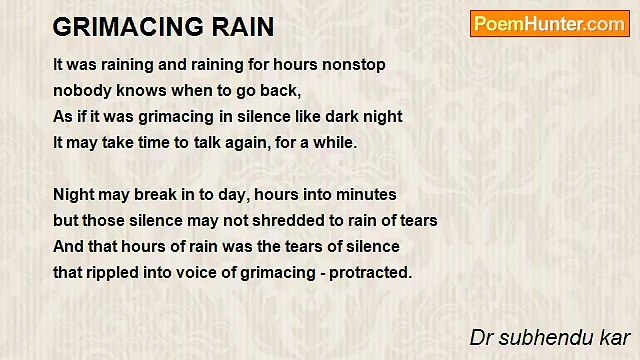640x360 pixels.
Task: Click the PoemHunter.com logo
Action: (548, 24)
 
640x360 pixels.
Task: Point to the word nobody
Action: (81, 90)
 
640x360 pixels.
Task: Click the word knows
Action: (136, 90)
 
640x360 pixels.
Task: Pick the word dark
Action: (338, 116)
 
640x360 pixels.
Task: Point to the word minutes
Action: (365, 194)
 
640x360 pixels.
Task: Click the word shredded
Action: (285, 220)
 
